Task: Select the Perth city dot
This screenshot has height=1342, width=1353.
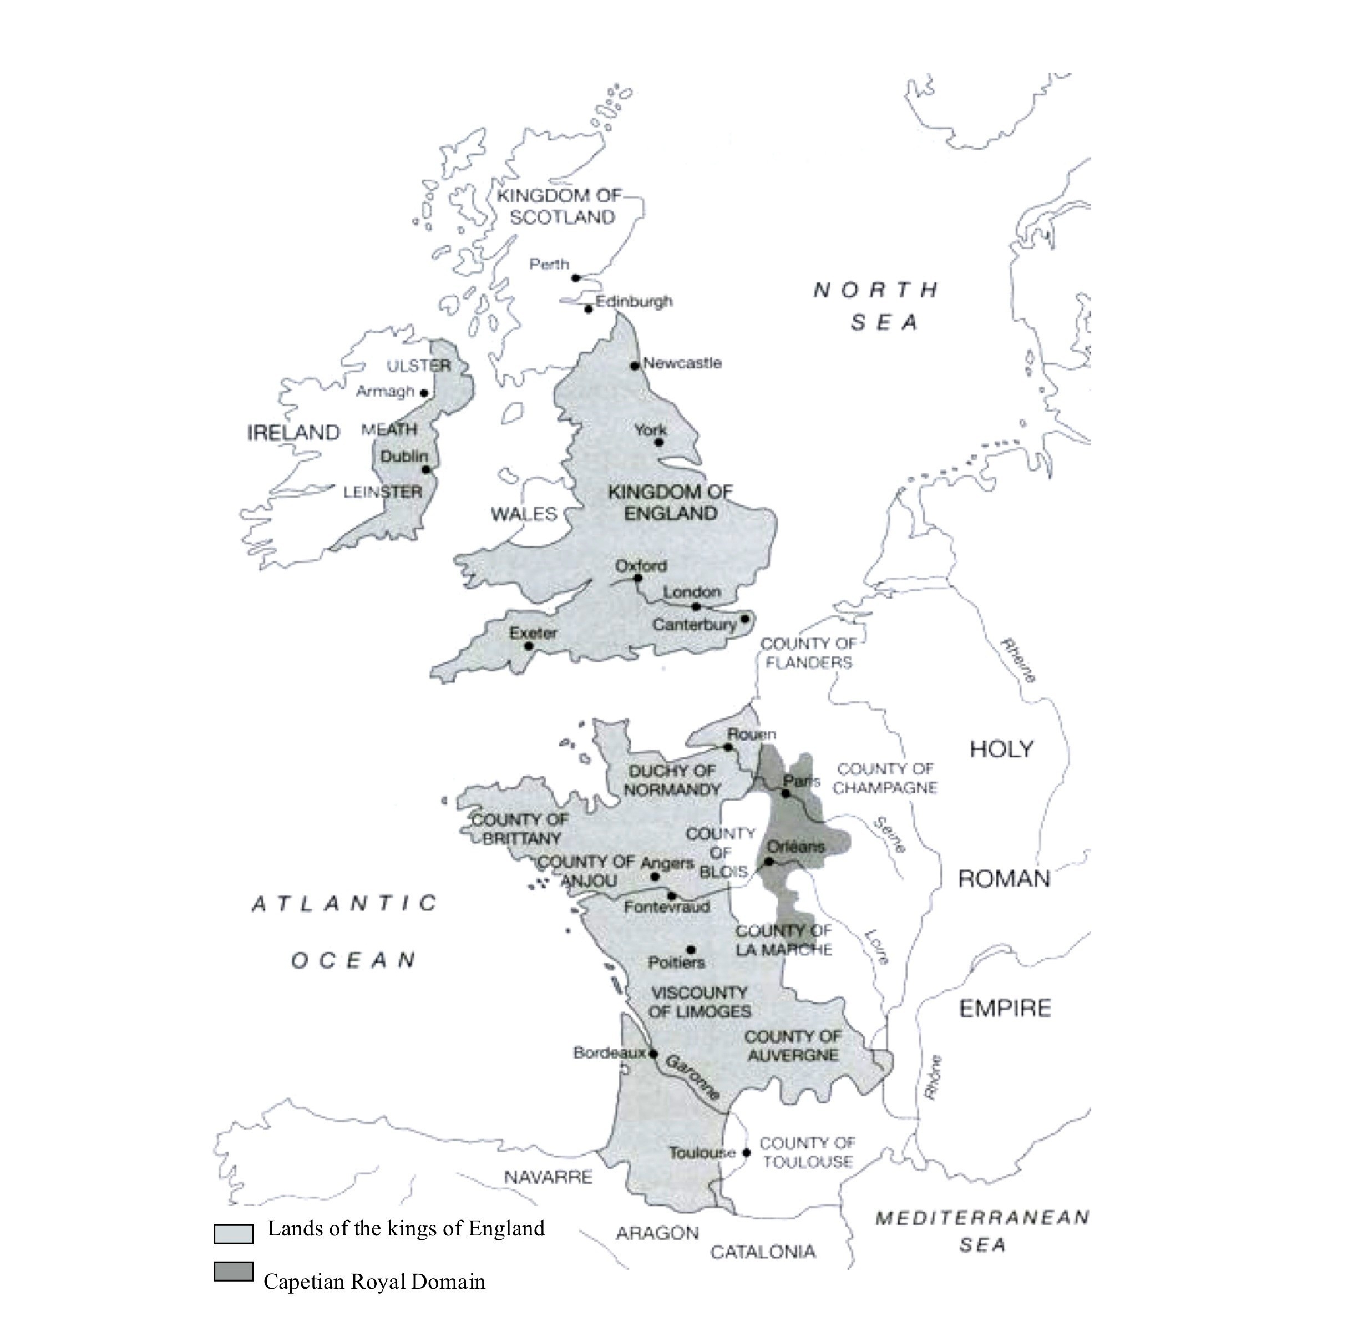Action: pyautogui.click(x=576, y=278)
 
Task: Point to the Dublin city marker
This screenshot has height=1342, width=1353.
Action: pyautogui.click(x=426, y=469)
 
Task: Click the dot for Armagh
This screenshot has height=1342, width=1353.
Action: pyautogui.click(x=424, y=393)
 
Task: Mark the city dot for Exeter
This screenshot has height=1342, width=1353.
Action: pyautogui.click(x=529, y=646)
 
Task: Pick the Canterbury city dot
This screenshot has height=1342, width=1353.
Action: pyautogui.click(x=745, y=619)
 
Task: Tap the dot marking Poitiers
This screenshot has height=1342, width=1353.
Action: pyautogui.click(x=691, y=950)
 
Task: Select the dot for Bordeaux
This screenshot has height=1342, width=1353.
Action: pyautogui.click(x=653, y=1053)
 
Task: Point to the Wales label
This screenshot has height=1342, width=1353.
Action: pyautogui.click(x=523, y=514)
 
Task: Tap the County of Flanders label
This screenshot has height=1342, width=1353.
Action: pyautogui.click(x=808, y=653)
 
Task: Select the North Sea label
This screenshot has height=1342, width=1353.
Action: pyautogui.click(x=877, y=306)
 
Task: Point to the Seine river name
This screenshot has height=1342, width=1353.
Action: pyautogui.click(x=889, y=835)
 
